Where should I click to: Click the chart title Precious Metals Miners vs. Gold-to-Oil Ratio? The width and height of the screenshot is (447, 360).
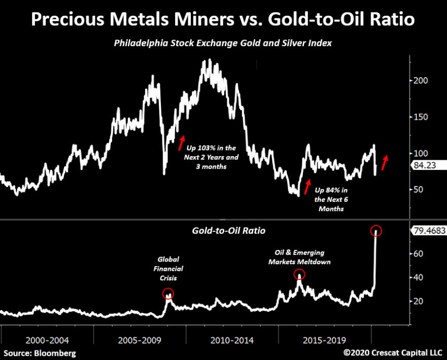[223, 19]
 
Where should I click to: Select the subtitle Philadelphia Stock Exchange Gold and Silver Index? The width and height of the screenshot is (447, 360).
[223, 44]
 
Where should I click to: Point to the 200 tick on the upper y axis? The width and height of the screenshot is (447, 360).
[421, 81]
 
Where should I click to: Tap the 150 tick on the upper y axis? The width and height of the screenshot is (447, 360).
[421, 117]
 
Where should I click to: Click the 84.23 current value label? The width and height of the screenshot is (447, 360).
[428, 164]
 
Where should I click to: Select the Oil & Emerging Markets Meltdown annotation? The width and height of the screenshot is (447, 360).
[299, 257]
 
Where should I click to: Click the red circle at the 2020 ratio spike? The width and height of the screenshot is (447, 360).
[376, 231]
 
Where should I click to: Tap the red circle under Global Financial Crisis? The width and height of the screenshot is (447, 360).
[168, 293]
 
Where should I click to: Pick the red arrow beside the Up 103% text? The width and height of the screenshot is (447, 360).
[181, 143]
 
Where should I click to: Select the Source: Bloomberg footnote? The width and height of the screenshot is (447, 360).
[40, 353]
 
